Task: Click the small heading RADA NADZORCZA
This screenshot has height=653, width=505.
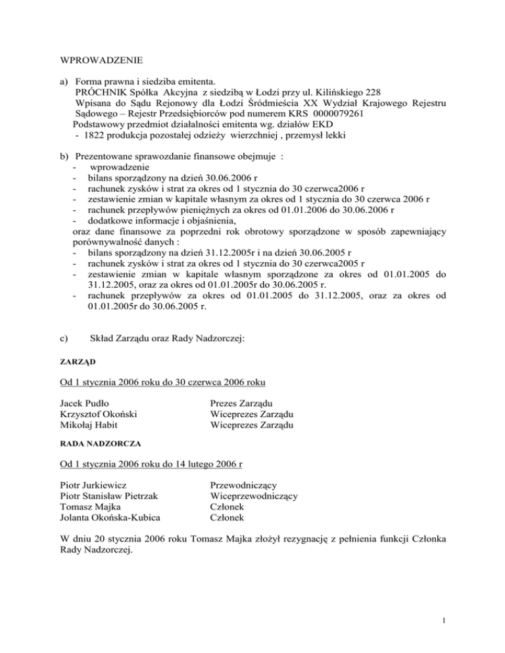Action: [94, 443]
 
